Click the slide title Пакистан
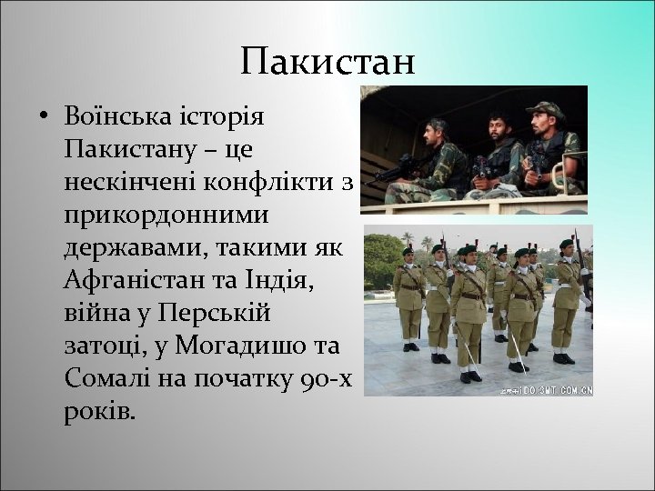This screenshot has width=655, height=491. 327,62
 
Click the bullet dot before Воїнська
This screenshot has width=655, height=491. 43,118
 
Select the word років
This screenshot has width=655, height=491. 99,411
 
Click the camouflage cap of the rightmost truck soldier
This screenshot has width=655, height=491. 544,110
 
